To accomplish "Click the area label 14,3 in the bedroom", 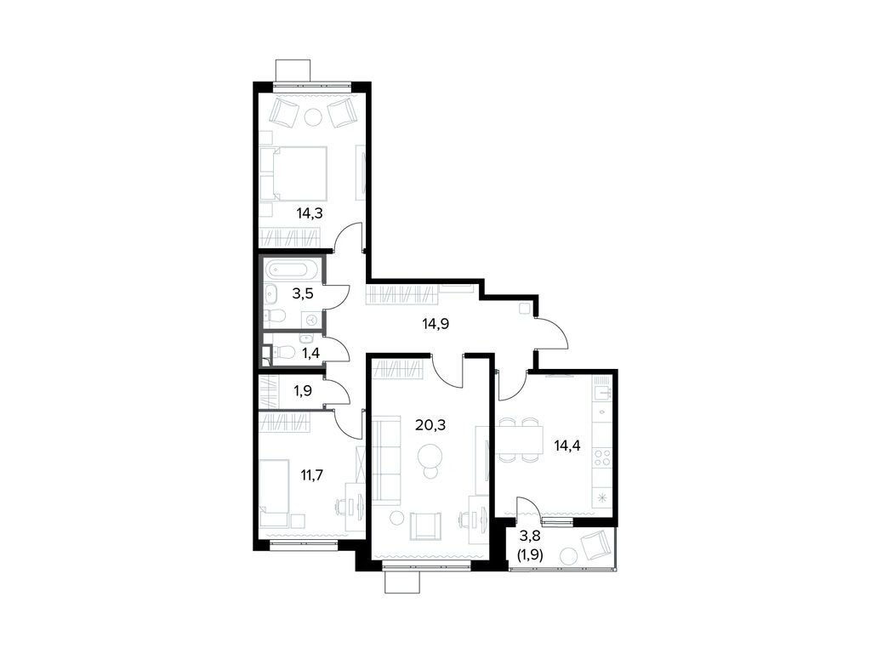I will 309,213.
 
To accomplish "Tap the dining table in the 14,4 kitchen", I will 521,440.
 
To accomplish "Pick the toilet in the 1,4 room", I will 285,353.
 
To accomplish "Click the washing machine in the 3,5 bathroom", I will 311,319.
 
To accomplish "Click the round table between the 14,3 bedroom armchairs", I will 313,117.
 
